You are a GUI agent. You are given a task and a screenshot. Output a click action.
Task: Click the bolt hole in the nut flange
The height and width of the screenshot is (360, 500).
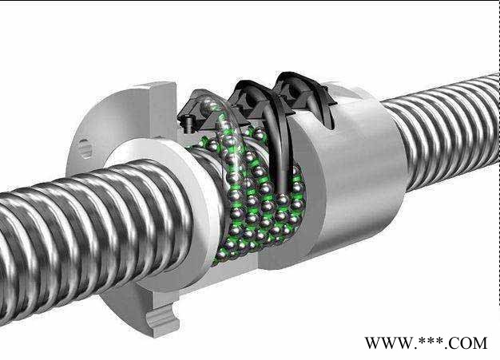(x=85, y=148)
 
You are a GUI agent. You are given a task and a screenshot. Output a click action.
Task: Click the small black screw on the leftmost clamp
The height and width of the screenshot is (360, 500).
(x=188, y=124)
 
